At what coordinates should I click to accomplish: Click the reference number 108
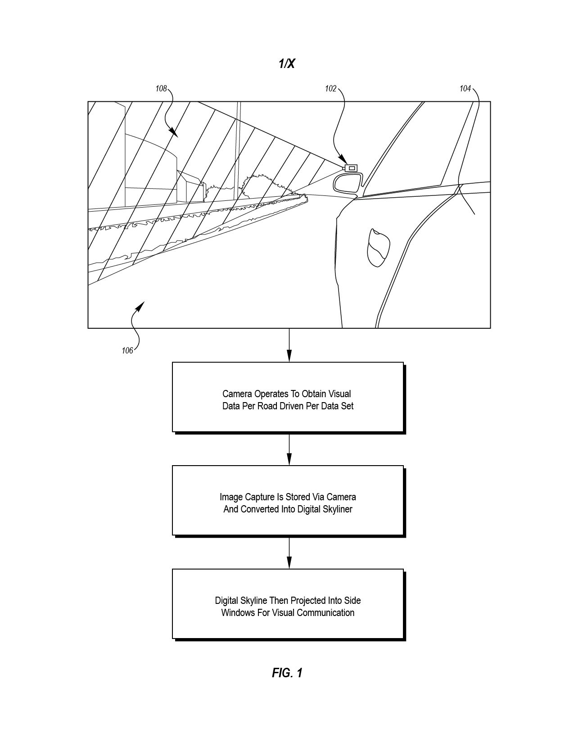coord(161,89)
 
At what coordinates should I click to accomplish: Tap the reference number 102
coord(330,89)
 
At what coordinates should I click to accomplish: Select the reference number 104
coord(465,89)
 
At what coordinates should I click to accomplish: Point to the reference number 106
coord(127,350)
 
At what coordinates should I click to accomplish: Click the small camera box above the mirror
coord(351,168)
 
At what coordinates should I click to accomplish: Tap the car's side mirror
coord(348,184)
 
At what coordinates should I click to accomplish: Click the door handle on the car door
coord(379,248)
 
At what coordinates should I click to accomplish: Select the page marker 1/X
coord(287,63)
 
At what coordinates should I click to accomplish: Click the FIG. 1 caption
coord(287,673)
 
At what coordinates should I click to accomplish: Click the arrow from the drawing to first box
coord(289,345)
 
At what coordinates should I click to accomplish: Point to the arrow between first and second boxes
coord(289,450)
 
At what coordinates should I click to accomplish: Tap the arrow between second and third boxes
coord(289,553)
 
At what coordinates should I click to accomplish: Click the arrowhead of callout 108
coord(174,133)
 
